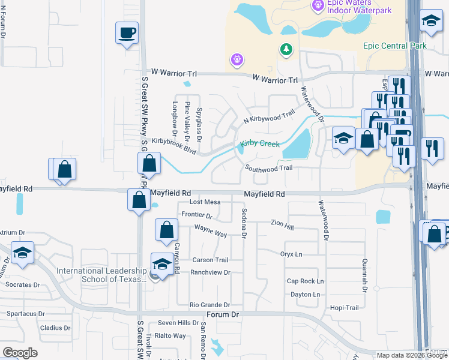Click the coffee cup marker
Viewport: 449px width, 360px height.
(x=127, y=32)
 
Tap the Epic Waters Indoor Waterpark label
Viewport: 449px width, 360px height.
(x=359, y=7)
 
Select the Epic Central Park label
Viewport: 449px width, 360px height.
(x=394, y=46)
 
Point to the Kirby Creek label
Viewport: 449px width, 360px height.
(x=260, y=144)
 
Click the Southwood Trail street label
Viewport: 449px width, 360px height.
(x=268, y=168)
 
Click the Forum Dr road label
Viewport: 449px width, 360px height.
(x=223, y=314)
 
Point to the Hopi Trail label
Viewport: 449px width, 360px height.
(x=344, y=308)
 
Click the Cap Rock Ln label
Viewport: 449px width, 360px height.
(x=305, y=281)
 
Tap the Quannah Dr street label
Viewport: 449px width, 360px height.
(x=364, y=275)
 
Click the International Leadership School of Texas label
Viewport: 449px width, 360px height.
(x=101, y=275)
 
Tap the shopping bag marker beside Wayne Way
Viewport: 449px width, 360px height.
(x=166, y=229)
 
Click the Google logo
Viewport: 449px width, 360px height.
(x=20, y=353)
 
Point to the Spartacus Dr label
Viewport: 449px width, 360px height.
(x=26, y=314)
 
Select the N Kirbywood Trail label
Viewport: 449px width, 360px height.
(x=269, y=116)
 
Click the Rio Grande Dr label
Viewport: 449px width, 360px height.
(x=209, y=305)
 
